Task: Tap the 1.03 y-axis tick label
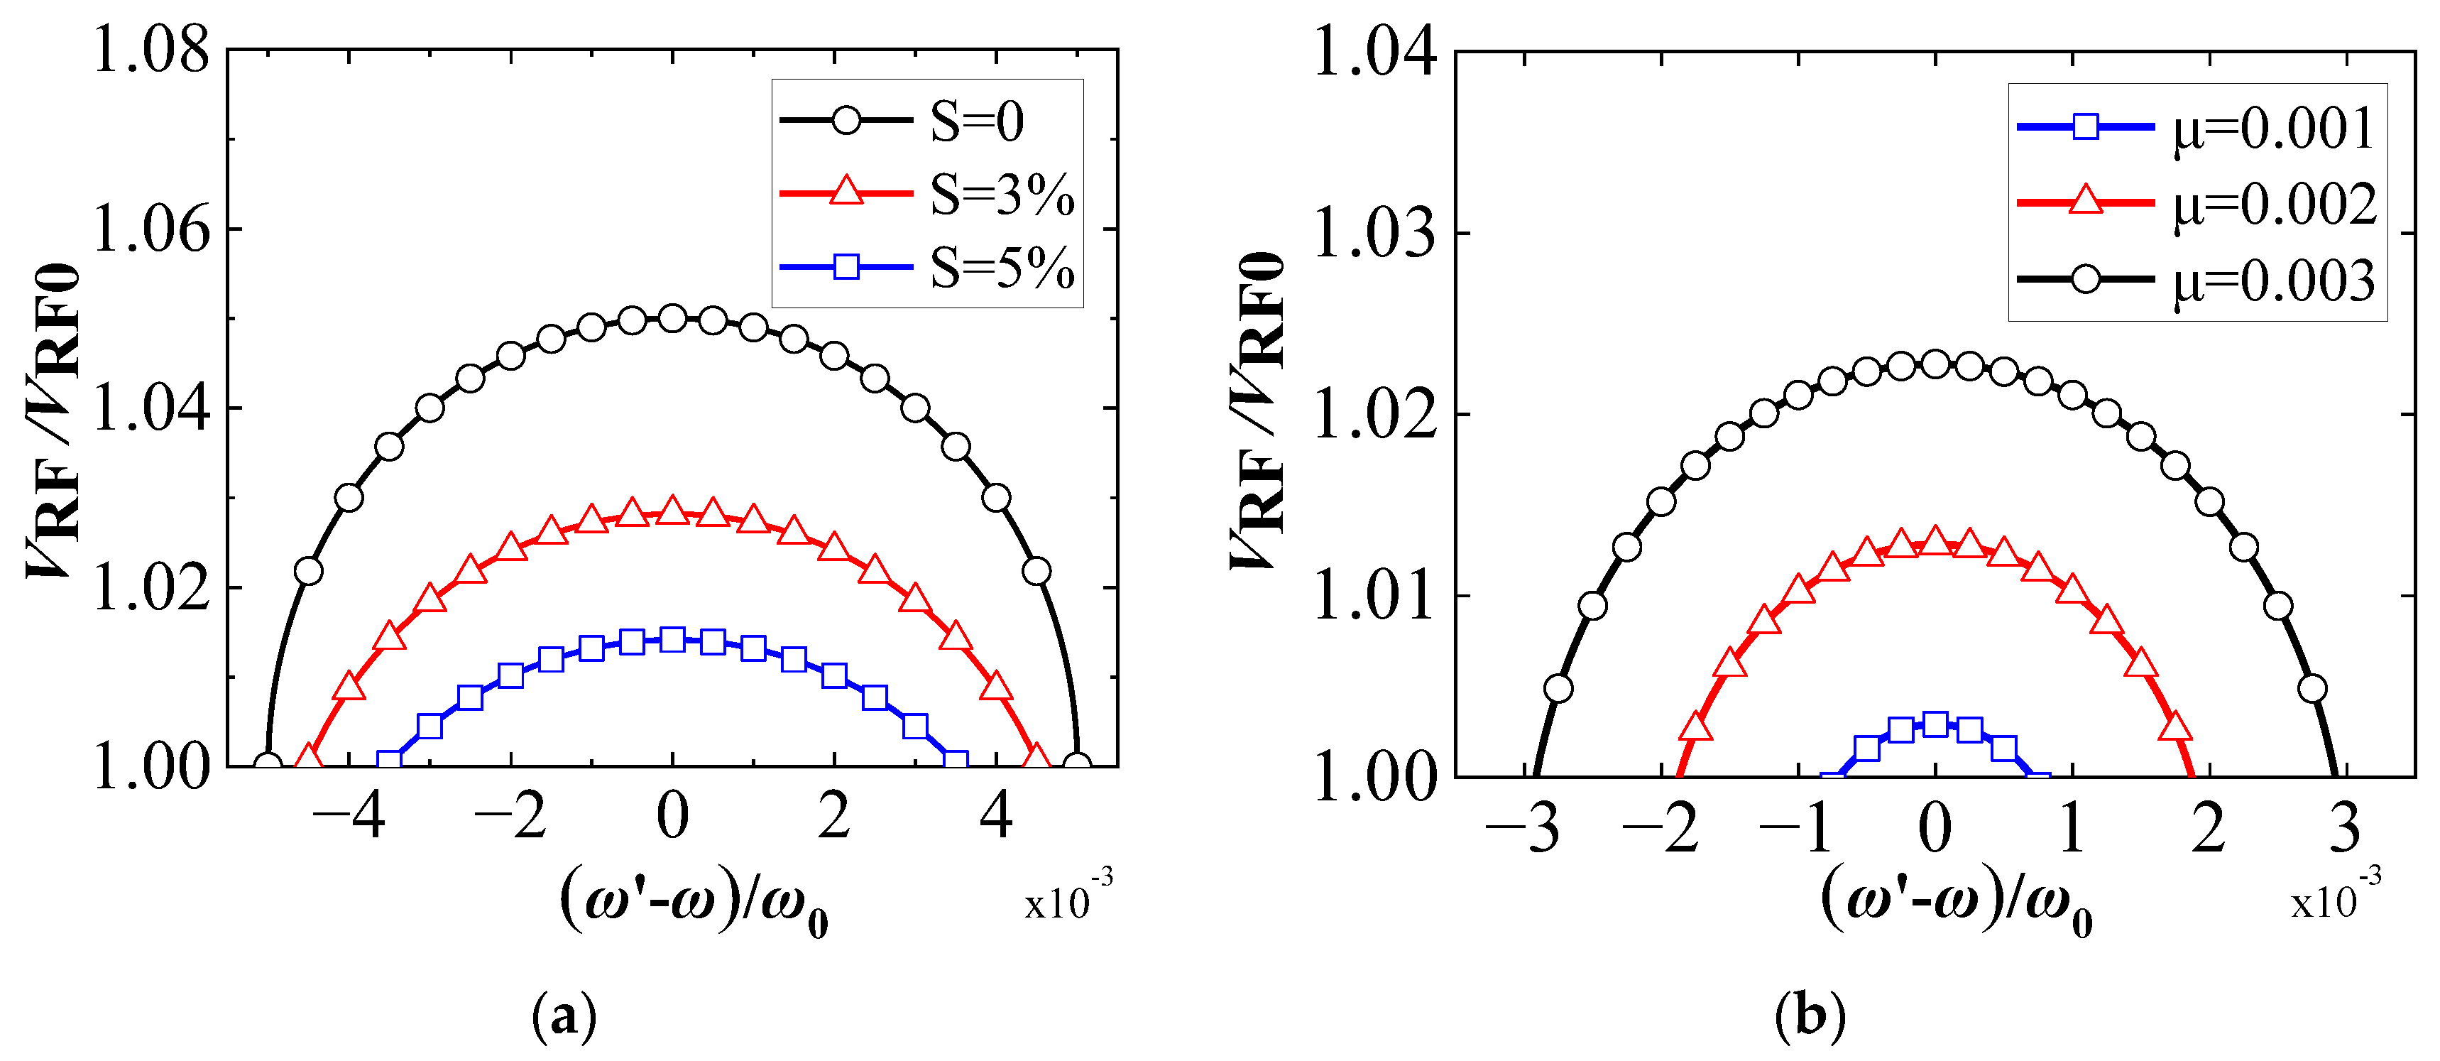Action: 1374,233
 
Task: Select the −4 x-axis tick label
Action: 349,817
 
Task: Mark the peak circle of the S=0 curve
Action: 672,318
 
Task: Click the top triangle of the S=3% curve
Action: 672,511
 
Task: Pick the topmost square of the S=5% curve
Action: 672,639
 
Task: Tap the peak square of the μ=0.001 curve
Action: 1935,724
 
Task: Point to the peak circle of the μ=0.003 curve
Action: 1935,364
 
